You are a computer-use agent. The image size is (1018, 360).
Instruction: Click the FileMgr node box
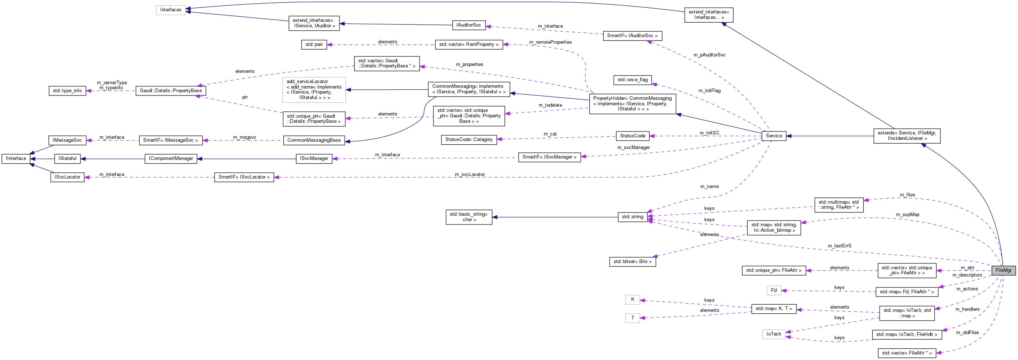1003,270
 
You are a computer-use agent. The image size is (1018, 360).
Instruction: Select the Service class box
773,136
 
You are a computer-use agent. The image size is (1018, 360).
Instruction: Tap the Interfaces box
170,10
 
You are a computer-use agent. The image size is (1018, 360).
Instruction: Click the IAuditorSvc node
468,25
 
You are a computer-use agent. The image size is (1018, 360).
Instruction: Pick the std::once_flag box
632,80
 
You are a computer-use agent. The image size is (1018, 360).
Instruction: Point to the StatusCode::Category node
469,140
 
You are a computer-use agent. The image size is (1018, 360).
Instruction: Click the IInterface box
16,159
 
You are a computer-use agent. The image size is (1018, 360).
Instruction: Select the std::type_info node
67,90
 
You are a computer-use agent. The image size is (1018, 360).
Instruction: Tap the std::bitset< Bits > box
632,262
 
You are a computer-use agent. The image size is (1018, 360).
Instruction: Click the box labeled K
632,300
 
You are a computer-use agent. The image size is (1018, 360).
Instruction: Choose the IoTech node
773,334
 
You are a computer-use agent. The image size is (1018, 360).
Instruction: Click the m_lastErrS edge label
840,246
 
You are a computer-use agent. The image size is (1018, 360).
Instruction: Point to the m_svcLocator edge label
469,174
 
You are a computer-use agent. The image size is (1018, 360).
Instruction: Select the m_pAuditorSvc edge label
710,55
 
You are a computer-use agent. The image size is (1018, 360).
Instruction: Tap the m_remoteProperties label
550,42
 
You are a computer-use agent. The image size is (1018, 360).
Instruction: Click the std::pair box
314,44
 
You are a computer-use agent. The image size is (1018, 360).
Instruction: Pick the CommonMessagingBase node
314,140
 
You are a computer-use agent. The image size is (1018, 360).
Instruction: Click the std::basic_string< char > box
469,217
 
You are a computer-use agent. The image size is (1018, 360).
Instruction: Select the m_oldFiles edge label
967,332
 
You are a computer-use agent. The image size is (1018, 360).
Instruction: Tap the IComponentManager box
171,159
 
